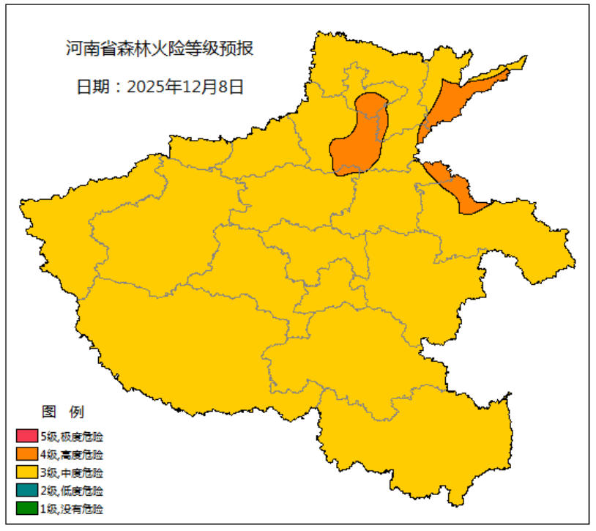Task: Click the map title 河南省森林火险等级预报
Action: [x=160, y=50]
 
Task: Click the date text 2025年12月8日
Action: [x=185, y=86]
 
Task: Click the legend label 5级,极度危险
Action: [x=72, y=437]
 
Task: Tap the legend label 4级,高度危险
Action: [x=72, y=455]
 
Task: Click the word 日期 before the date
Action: [x=92, y=86]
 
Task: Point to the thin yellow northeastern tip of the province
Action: [x=518, y=62]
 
